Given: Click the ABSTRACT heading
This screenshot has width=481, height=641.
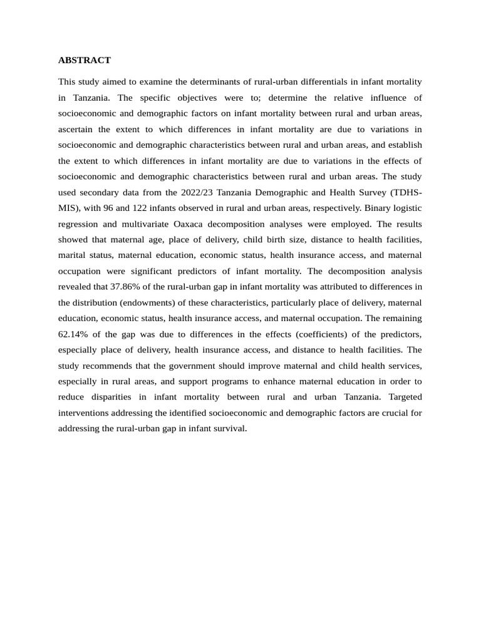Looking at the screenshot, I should [x=84, y=60].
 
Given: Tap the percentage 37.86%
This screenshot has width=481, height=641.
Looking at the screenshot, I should [x=130, y=287].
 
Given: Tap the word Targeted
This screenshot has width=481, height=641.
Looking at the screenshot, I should [x=405, y=397].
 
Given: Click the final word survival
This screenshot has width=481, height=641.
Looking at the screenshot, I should [x=230, y=428].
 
